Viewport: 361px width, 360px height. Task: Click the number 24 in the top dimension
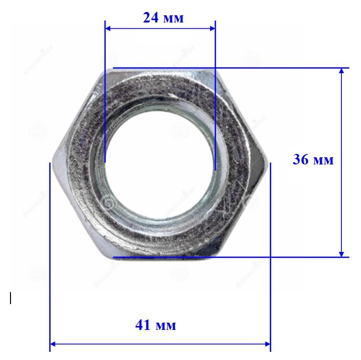tap(151, 18)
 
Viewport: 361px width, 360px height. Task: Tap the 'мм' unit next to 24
tap(173, 19)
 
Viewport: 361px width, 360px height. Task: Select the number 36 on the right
tap(300, 159)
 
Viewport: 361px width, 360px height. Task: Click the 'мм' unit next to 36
tap(323, 161)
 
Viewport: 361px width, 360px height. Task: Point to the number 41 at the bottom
tap(143, 325)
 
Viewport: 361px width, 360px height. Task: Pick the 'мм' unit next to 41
tap(166, 327)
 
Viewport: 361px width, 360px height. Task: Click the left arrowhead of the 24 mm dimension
tap(108, 29)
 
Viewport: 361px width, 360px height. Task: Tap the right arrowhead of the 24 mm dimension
tap(212, 29)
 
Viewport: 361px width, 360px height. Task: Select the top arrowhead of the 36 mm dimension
tap(342, 71)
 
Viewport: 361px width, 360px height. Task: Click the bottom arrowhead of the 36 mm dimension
tap(342, 254)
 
